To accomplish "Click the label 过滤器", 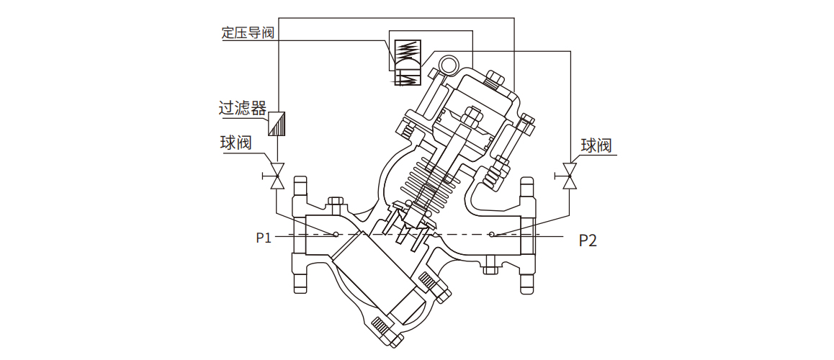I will pos(243,108).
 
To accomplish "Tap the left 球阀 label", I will pos(236,143).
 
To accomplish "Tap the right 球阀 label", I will pos(596,145).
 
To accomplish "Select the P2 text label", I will pos(588,240).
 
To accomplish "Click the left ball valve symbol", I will pos(277,175).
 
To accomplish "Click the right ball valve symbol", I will pos(570,175).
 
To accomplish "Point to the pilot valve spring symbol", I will pos(408,50).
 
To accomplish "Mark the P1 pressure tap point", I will pos(336,234).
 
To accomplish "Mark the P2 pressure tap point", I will pos(492,234).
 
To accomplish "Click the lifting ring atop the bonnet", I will pos(449,66).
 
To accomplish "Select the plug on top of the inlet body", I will pos(335,204).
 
